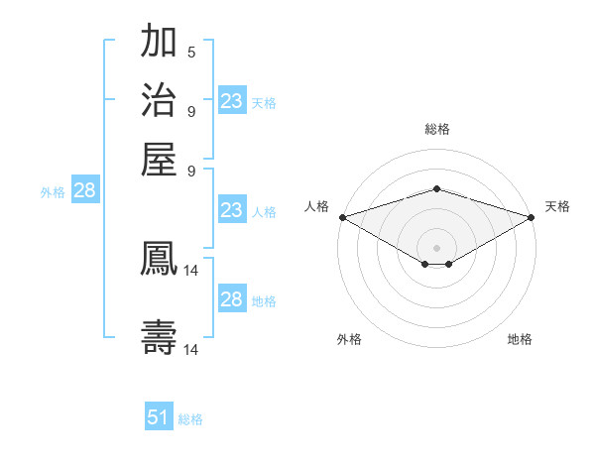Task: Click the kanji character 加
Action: (160, 43)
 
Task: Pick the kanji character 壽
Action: (160, 337)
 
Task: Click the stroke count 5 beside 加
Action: (191, 53)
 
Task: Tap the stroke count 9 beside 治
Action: (191, 111)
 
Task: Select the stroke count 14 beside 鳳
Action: (191, 270)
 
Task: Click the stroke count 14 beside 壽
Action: (191, 349)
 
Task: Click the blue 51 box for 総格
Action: (159, 417)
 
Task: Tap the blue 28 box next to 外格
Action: (84, 191)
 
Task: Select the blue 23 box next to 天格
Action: (231, 101)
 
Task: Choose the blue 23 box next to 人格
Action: (231, 210)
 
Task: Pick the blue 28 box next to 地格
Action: (231, 299)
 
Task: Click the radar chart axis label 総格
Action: (436, 129)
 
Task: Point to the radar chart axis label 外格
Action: (349, 340)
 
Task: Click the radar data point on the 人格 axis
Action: (342, 217)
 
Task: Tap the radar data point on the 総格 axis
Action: (436, 188)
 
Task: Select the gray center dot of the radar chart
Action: (436, 247)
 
